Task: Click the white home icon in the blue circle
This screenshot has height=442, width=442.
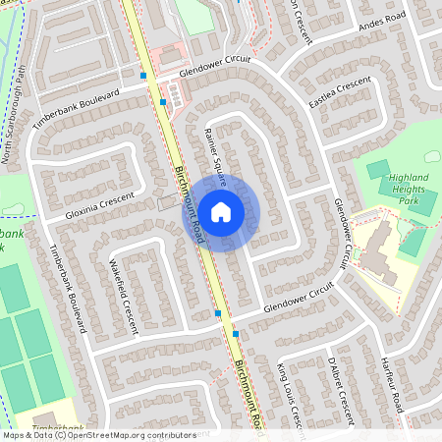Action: tap(221, 212)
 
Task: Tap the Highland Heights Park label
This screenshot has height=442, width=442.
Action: tap(403, 187)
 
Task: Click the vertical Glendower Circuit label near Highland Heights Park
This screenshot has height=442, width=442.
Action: tap(342, 232)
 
